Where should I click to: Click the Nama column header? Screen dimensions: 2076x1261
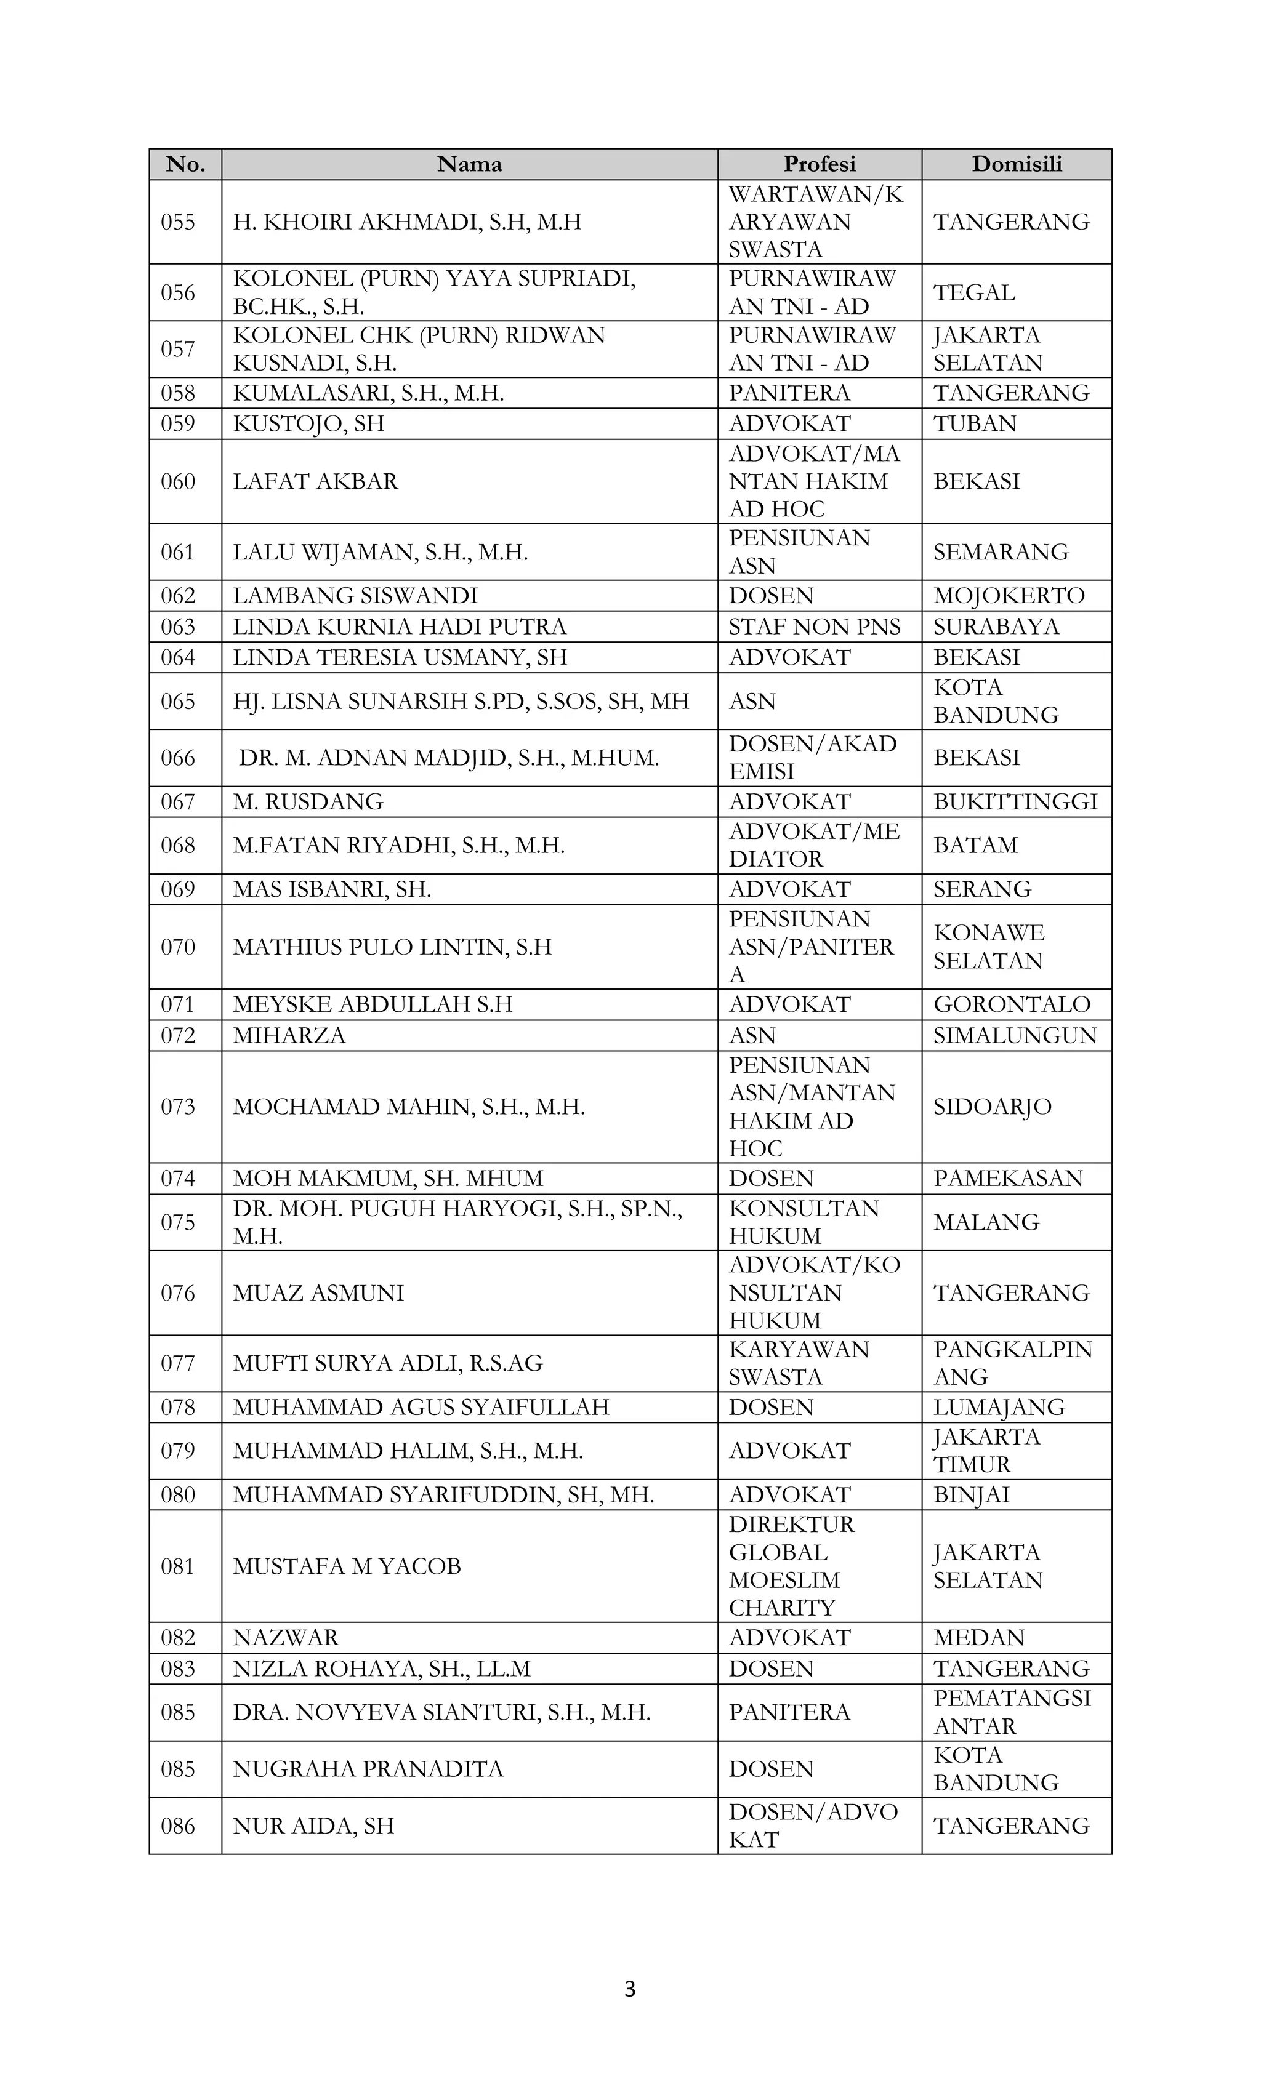(470, 164)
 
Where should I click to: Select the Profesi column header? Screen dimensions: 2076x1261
(820, 164)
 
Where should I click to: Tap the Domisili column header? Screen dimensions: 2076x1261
(1017, 164)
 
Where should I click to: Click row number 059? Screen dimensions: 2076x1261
(178, 424)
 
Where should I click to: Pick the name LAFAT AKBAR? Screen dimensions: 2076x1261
(315, 481)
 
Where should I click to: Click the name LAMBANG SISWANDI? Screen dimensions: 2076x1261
(355, 596)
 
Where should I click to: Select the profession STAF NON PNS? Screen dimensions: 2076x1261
(814, 627)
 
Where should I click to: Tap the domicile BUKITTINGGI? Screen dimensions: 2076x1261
(1015, 801)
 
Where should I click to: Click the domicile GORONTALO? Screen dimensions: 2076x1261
(1012, 1004)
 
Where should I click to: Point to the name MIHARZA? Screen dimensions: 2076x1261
(289, 1035)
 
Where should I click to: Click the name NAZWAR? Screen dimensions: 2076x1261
(286, 1637)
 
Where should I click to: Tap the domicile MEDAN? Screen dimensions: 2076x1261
(978, 1637)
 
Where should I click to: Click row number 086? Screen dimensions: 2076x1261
(178, 1826)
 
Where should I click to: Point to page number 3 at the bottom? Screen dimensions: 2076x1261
(630, 1989)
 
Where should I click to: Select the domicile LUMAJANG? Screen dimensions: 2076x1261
(999, 1407)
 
